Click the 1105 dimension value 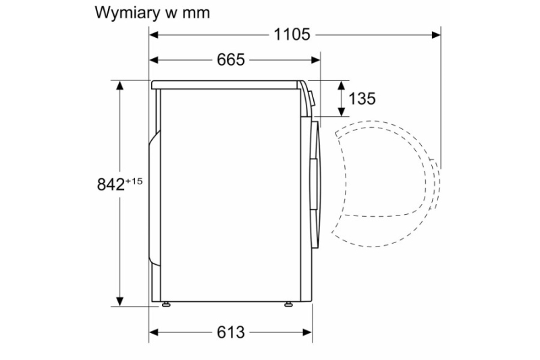click(292, 35)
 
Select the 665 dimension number click(231, 60)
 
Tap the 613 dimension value click(231, 332)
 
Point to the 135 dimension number click(362, 99)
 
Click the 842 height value click(111, 184)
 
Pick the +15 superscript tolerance click(134, 181)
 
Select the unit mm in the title click(196, 14)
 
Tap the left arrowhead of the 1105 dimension click(154, 35)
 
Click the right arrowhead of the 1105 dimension click(436, 35)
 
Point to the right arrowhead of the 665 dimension click(315, 60)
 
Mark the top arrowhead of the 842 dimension click(119, 85)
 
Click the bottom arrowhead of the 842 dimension click(119, 301)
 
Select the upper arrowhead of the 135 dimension click(342, 85)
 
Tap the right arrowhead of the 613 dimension click(308, 332)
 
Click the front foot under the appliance click(288, 304)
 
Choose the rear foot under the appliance click(166, 304)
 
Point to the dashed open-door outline click(385, 184)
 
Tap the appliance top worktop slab click(225, 84)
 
